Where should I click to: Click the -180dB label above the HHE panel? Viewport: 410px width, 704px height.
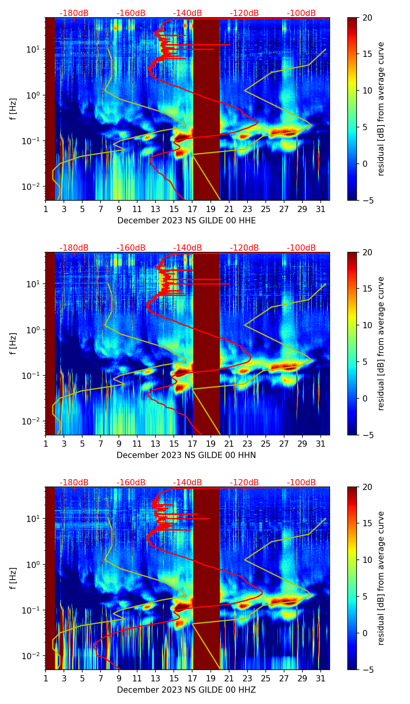click(x=74, y=13)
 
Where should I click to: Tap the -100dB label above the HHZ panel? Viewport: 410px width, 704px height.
click(x=301, y=483)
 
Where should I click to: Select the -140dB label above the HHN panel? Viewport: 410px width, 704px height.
click(x=187, y=248)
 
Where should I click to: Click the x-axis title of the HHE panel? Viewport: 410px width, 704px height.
click(x=187, y=221)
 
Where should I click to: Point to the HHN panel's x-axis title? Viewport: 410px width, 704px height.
click(x=186, y=455)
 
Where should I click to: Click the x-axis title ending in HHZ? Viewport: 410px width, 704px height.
click(x=186, y=690)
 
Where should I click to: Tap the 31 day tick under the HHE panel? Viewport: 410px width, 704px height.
click(x=320, y=209)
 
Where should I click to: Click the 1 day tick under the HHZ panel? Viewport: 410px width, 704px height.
click(x=46, y=679)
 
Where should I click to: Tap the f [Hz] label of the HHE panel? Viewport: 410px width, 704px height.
click(x=13, y=109)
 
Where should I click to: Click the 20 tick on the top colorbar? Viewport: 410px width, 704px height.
click(x=368, y=18)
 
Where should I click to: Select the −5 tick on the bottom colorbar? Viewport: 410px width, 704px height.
click(x=368, y=670)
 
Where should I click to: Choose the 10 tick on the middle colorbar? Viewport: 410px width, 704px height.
click(x=368, y=325)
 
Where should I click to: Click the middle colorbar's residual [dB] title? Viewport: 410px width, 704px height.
click(x=381, y=343)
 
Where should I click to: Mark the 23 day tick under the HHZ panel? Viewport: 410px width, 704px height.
click(x=247, y=679)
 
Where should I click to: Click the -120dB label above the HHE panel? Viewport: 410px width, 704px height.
click(x=244, y=13)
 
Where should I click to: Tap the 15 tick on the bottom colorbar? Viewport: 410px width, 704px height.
click(x=368, y=524)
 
